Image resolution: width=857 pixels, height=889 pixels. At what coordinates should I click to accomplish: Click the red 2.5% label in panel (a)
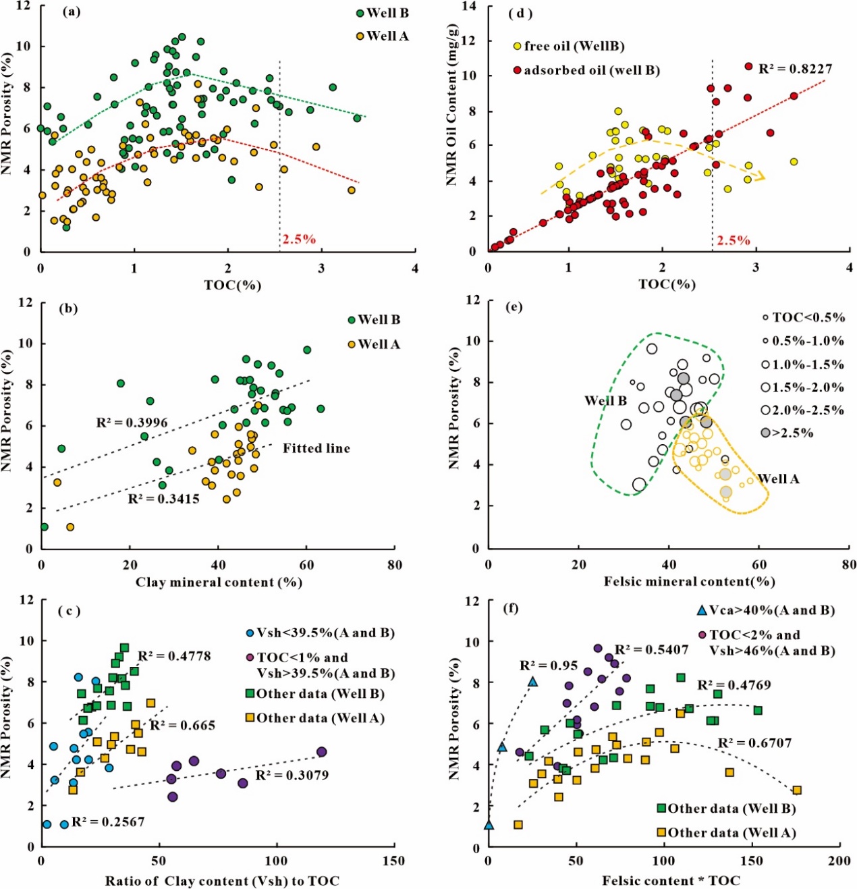[299, 239]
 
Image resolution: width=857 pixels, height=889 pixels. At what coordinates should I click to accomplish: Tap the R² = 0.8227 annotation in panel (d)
[795, 69]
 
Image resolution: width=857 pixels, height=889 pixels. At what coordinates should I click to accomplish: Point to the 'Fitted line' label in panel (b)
[316, 448]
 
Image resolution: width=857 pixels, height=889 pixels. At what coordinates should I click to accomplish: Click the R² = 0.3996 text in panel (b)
[132, 423]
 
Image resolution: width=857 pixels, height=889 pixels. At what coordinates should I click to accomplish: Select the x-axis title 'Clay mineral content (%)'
[219, 583]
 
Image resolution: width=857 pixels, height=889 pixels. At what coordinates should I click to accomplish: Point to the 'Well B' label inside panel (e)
[605, 401]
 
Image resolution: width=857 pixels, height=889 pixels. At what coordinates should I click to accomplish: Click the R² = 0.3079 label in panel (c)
[292, 776]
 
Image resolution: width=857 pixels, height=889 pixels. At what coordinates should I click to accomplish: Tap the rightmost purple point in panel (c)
[322, 752]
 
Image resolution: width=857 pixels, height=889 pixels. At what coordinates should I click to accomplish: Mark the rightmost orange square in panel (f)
[797, 790]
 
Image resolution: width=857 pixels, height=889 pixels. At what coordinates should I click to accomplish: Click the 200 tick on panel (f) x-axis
[839, 861]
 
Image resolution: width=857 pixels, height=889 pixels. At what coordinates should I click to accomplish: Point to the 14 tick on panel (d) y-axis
[469, 7]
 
